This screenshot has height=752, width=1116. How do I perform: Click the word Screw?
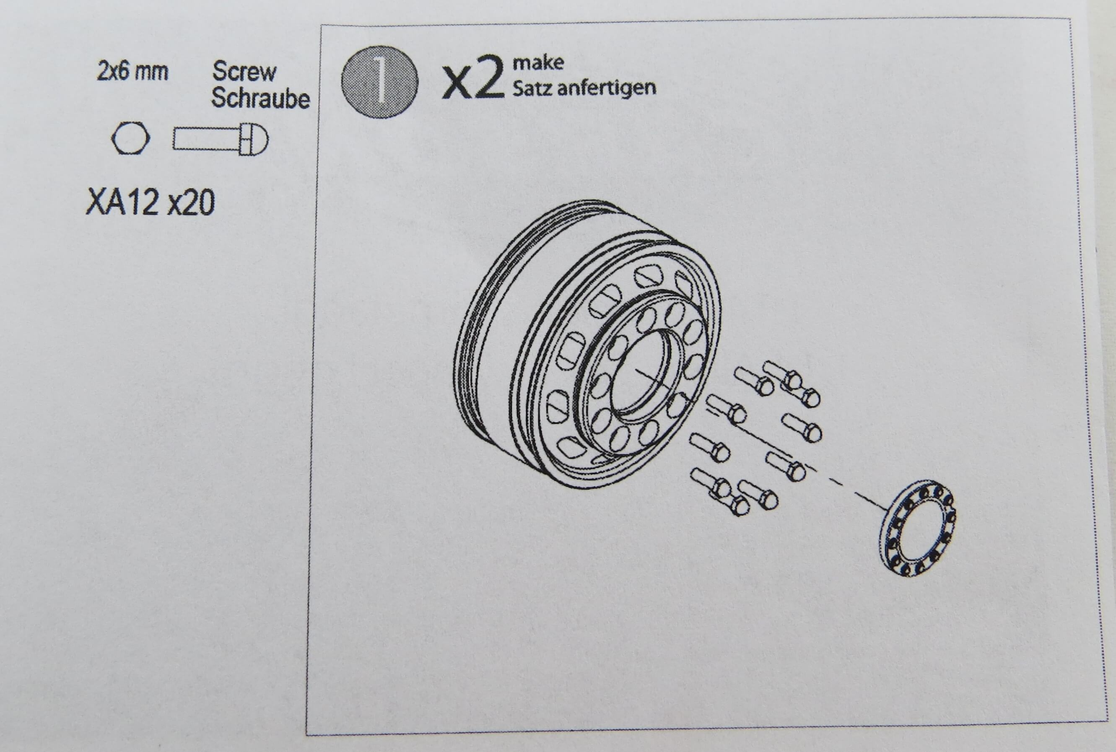(244, 71)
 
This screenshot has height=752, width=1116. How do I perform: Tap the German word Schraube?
(260, 99)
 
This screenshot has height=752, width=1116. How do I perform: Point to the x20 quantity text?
(191, 202)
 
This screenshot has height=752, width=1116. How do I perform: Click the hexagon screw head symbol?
(130, 138)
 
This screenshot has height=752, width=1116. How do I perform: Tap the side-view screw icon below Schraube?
(221, 139)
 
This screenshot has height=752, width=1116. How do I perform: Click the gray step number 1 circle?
(379, 82)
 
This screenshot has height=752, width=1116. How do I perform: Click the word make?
(538, 63)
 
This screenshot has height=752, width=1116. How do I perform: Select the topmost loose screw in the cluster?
(792, 382)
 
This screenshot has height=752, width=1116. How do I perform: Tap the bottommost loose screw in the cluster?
(719, 492)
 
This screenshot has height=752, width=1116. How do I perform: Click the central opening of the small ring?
(917, 528)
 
